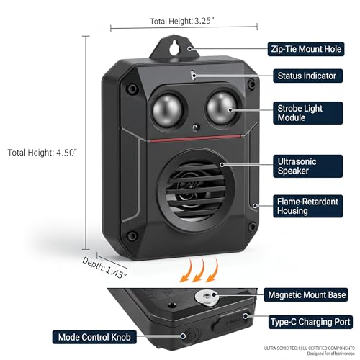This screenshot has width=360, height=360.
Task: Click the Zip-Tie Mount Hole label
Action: [306, 49]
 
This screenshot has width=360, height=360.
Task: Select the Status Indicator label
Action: [308, 76]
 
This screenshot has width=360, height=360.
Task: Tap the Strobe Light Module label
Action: [308, 113]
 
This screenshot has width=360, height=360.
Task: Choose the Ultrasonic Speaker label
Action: [308, 166]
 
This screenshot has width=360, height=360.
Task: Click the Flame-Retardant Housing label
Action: [308, 206]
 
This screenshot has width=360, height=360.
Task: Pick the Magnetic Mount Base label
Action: [306, 294]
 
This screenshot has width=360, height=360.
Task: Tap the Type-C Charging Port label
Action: [310, 322]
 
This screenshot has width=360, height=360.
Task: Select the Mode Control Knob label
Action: [94, 337]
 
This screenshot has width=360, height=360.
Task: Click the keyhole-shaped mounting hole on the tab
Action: [174, 47]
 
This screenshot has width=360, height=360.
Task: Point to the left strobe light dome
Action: [167, 110]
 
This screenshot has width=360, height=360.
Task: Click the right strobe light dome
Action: [222, 108]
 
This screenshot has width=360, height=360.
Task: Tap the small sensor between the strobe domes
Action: [196, 127]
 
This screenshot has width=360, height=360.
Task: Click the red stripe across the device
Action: [195, 138]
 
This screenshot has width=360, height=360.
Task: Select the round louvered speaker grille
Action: [195, 190]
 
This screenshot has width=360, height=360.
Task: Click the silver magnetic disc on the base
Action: [207, 297]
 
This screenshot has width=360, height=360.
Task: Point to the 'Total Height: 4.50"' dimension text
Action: [42, 153]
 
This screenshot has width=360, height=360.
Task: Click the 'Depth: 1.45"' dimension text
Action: [104, 268]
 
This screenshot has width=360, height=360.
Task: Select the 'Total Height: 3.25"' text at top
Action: [181, 21]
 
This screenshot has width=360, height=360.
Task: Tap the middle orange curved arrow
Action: [198, 270]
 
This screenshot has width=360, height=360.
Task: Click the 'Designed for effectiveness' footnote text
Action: [330, 354]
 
